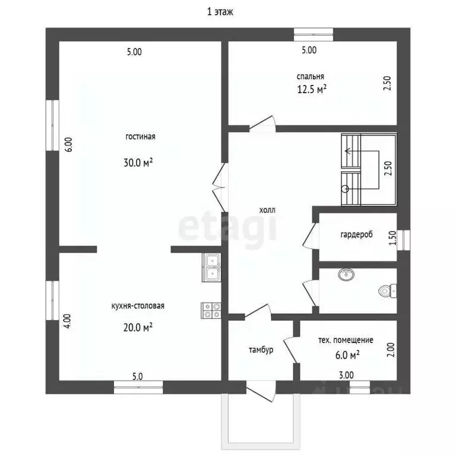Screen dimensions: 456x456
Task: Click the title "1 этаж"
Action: click(220, 12)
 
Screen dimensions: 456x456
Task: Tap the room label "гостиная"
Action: click(140, 137)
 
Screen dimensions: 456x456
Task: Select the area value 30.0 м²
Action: click(138, 162)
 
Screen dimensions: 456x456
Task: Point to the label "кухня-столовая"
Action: click(138, 306)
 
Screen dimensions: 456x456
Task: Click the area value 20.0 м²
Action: click(138, 328)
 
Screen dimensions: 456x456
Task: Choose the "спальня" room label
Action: click(311, 77)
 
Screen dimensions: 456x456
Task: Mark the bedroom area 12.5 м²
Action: click(312, 89)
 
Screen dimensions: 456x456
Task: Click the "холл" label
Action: click(267, 210)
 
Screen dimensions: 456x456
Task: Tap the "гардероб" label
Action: click(356, 235)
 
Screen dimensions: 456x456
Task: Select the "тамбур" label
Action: click(261, 350)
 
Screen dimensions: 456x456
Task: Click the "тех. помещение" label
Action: click(346, 340)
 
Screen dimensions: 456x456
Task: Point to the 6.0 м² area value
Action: click(347, 355)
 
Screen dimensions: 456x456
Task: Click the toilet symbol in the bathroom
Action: click(387, 291)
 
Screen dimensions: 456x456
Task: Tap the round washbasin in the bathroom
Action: click(346, 274)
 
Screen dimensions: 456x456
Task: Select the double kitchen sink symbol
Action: click(211, 268)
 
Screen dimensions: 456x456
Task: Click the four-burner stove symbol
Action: click(211, 311)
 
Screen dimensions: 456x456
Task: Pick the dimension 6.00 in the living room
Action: click(69, 144)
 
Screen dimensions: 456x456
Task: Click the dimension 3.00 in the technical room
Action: click(346, 375)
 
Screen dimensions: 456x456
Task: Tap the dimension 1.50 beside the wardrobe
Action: click(392, 238)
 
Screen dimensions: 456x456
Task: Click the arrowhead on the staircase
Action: click(347, 151)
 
